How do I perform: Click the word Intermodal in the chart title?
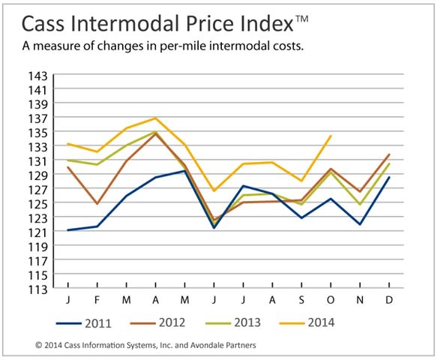(124, 23)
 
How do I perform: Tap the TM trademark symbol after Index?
(301, 19)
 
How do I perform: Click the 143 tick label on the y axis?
(38, 76)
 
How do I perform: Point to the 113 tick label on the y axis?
(38, 290)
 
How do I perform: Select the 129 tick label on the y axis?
(38, 175)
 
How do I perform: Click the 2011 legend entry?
(84, 323)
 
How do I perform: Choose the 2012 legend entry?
(157, 322)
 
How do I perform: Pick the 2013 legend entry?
(233, 322)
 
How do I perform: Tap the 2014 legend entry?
(307, 322)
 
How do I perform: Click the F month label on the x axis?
(97, 300)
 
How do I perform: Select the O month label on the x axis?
(331, 300)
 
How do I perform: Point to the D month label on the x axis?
(389, 300)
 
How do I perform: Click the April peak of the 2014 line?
(155, 118)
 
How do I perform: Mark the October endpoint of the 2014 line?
(331, 136)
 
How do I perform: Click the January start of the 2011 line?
(68, 230)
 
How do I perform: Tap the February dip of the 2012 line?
(97, 203)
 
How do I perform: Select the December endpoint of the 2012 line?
(389, 154)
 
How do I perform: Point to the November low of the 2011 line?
(360, 224)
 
